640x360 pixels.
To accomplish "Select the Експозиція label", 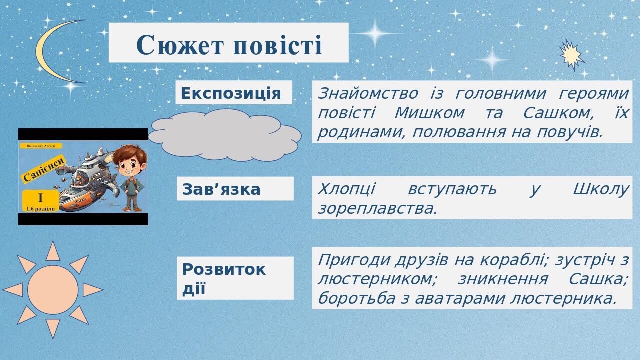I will pyautogui.click(x=231, y=93).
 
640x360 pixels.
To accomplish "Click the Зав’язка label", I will pyautogui.click(x=221, y=189).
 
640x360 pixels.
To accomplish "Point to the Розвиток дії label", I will pyautogui.click(x=224, y=278).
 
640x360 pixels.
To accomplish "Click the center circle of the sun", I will pyautogui.click(x=53, y=289).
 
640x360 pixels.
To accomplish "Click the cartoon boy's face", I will pyautogui.click(x=129, y=162).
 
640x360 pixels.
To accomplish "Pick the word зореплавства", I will pyautogui.click(x=377, y=208).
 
